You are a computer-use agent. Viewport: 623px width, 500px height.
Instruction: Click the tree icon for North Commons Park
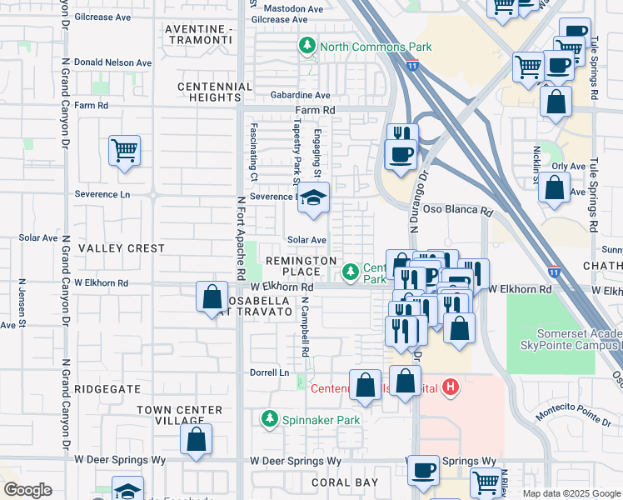[308, 47]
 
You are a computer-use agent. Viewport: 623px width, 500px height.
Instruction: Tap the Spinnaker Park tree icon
[269, 420]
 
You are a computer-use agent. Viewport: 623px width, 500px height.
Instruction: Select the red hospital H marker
[451, 387]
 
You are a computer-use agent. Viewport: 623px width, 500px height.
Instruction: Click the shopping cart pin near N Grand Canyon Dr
[124, 151]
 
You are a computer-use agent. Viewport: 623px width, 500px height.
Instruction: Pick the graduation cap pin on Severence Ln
[313, 197]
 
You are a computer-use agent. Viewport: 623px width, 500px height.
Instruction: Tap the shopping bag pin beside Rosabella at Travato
[212, 297]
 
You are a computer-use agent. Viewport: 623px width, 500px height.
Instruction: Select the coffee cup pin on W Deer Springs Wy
[423, 469]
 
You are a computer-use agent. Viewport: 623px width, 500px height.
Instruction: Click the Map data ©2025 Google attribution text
[571, 493]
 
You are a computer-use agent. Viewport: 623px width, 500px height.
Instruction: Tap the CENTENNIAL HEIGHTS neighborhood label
[215, 92]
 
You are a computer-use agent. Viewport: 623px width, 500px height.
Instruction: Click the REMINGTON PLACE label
[301, 267]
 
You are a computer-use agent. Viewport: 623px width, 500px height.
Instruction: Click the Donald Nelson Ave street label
[112, 62]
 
